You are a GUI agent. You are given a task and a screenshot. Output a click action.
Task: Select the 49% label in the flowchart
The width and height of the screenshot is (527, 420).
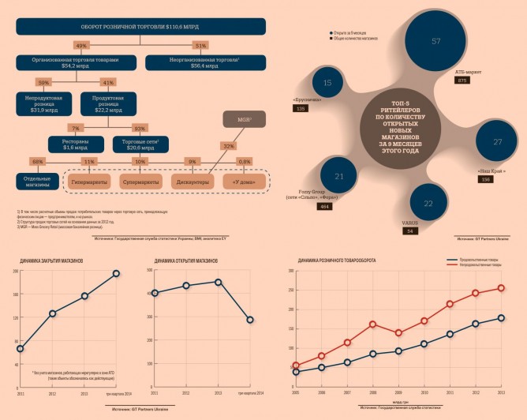pyautogui.click(x=81, y=45)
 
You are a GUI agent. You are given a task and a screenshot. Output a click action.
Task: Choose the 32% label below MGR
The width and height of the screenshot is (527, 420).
pyautogui.click(x=229, y=145)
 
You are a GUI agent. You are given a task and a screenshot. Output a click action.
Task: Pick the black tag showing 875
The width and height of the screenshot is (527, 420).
pyautogui.click(x=462, y=80)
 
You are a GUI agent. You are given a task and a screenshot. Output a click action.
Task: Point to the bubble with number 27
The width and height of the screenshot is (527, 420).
pyautogui.click(x=497, y=142)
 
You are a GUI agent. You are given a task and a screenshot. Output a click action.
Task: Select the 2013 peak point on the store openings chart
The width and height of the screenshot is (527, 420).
pyautogui.click(x=218, y=282)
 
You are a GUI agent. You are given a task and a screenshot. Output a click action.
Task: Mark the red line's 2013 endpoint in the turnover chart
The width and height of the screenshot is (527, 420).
pyautogui.click(x=501, y=287)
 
